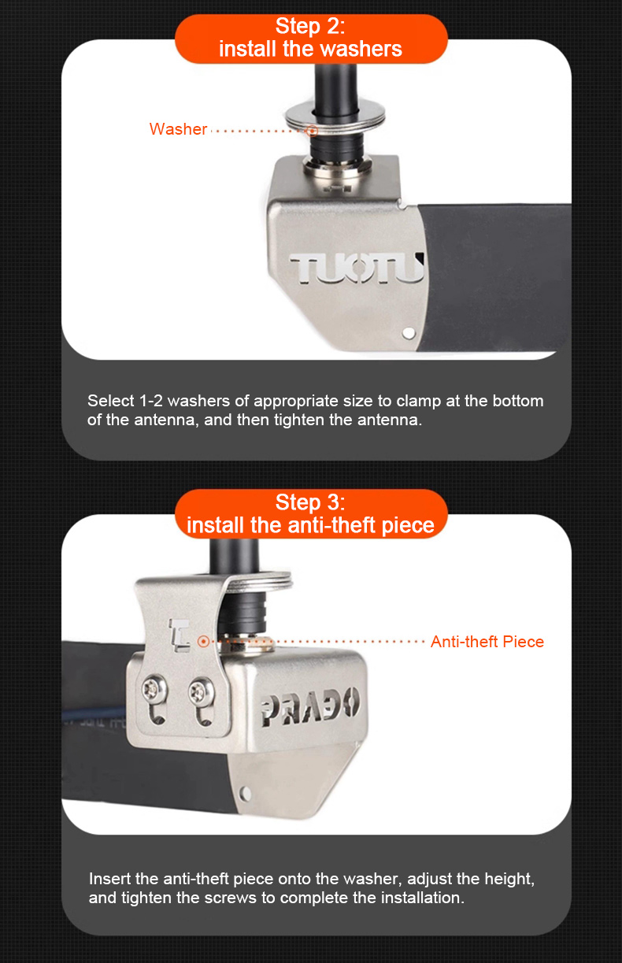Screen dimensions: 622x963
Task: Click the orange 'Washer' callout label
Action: coord(179,129)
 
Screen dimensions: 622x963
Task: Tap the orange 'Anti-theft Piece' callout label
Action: coord(487,642)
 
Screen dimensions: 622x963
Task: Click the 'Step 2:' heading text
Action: coord(310,26)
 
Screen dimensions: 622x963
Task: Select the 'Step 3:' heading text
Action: coord(310,502)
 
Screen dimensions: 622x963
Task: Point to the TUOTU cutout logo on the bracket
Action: coord(357,269)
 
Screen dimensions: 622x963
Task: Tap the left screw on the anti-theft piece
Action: coord(154,689)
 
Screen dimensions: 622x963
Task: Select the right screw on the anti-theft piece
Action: coord(202,691)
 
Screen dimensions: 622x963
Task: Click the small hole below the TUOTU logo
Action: coord(409,333)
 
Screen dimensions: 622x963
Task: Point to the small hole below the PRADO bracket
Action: coord(246,793)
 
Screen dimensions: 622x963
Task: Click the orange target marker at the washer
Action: coord(312,130)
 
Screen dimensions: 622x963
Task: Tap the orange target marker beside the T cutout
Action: coord(203,642)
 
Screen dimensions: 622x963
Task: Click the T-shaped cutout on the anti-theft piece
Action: coord(179,635)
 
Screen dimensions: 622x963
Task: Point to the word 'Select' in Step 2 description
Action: coord(111,401)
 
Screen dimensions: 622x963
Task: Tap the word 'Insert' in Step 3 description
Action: coord(109,879)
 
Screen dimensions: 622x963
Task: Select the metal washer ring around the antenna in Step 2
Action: coord(335,117)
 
